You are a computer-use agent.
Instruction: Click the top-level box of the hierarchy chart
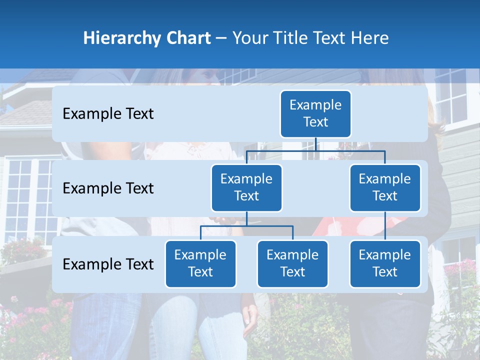click(x=315, y=113)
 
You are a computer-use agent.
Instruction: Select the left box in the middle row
click(x=246, y=187)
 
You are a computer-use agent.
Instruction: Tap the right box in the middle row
click(x=385, y=187)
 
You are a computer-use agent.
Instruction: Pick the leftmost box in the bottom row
click(x=200, y=263)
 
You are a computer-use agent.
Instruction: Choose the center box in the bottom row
click(x=292, y=263)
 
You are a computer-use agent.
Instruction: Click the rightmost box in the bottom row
click(x=385, y=263)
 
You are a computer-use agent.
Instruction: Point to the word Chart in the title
click(x=186, y=38)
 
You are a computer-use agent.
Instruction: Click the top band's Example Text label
click(x=108, y=114)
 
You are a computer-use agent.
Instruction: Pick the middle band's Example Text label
click(x=108, y=188)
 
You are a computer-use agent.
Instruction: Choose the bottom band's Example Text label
click(x=108, y=264)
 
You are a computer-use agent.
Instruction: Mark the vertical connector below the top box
click(x=315, y=144)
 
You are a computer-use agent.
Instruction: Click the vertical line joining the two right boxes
click(x=385, y=225)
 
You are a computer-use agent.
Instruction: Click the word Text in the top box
click(x=315, y=122)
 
